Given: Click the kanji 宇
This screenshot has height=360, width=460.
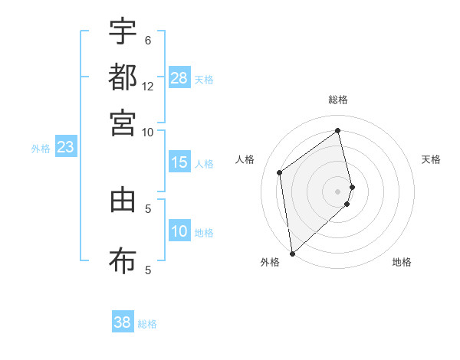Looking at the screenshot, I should pos(123,32).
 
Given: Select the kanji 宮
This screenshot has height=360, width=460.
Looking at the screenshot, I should pos(123,122).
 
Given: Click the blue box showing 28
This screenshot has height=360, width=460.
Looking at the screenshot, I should pos(179,78).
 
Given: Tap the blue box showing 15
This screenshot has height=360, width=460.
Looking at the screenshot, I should pos(179,162).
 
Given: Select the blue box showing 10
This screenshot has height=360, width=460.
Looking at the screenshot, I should pos(179,232).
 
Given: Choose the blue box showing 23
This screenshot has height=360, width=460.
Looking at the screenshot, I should pos(65,148).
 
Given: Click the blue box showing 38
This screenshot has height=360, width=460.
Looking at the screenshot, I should pos(123,322).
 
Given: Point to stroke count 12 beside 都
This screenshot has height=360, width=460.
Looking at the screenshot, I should pos(148,86).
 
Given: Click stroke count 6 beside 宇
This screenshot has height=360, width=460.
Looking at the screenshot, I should pos(148,41).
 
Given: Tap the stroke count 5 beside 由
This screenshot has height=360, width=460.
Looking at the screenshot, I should pos(148,208).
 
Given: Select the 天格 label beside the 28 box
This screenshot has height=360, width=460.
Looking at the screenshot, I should pos(204,79).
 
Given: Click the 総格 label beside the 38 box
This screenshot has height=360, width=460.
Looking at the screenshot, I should pos(147,324).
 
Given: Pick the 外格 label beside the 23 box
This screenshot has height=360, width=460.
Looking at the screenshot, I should pos(41,149).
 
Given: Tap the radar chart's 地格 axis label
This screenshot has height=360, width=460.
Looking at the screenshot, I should pos(402,262).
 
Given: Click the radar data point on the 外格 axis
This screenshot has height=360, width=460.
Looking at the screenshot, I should pos(292,253).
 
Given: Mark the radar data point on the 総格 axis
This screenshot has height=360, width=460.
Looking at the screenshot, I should pos(338,130).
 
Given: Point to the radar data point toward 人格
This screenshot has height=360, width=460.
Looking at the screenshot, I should pos(280,172).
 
